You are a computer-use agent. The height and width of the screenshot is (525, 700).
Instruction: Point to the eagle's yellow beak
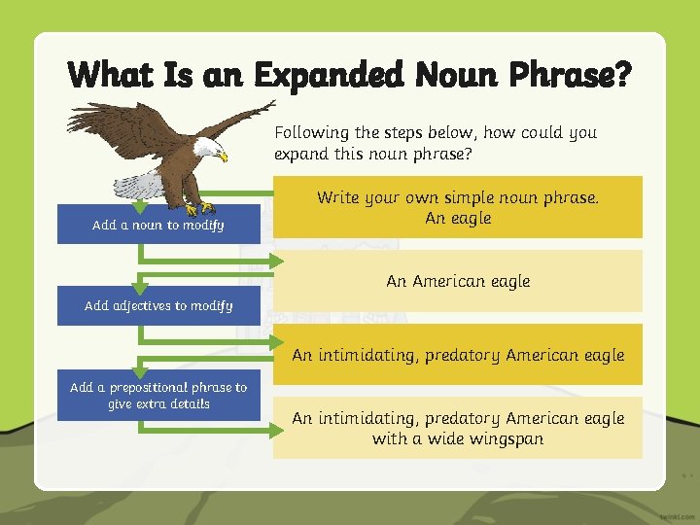point(223,156)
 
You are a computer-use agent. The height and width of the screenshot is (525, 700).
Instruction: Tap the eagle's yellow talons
point(198,208)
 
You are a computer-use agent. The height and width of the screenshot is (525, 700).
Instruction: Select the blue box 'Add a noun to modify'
point(158,225)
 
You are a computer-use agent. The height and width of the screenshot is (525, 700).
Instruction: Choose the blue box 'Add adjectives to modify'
point(158,305)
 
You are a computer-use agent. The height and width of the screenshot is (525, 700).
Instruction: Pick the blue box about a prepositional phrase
point(158,395)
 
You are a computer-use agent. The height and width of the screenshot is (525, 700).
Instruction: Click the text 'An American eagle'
point(458,281)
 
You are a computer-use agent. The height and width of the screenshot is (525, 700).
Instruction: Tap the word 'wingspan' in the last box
point(508,438)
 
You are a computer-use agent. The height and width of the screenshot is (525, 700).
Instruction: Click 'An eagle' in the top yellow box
point(458,218)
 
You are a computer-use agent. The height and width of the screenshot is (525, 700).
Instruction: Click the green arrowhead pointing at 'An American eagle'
point(276,261)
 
